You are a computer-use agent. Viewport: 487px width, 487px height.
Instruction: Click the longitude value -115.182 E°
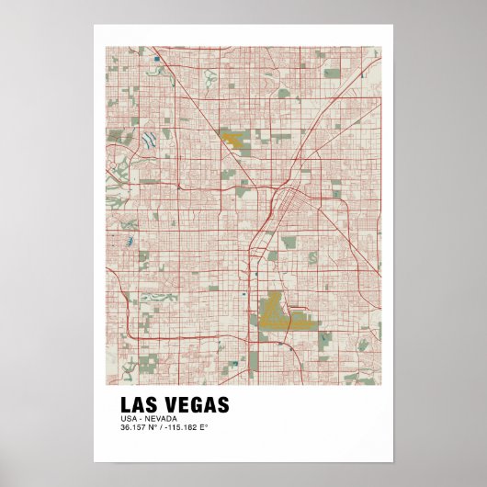[187, 428]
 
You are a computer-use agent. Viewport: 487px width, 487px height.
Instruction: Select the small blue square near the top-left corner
[158, 60]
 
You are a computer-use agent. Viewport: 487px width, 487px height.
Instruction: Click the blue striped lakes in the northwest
[148, 140]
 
